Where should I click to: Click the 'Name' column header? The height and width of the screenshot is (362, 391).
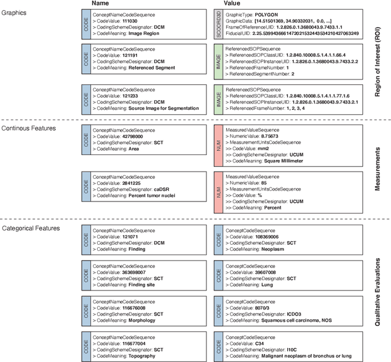(x=100, y=4)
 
